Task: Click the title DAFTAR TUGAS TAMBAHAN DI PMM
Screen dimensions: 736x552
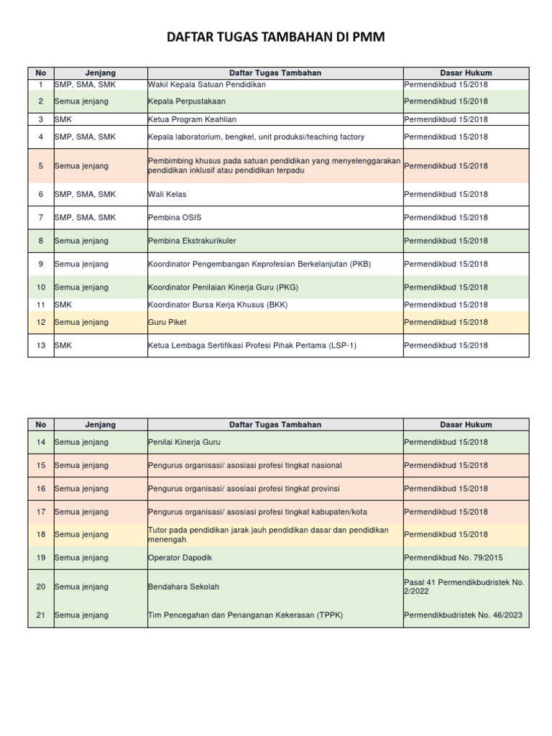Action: pos(276,38)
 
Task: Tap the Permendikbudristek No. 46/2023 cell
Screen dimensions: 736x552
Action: pos(463,615)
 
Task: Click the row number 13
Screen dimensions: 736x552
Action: pos(40,346)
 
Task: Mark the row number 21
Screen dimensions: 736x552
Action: pos(40,615)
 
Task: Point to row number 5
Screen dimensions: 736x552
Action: pos(40,166)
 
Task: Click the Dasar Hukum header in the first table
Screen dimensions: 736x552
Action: pos(466,73)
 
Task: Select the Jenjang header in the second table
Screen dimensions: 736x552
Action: pos(100,425)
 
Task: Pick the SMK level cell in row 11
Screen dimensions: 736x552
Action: pos(63,305)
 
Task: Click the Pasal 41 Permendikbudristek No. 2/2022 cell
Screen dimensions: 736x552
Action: pos(464,586)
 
